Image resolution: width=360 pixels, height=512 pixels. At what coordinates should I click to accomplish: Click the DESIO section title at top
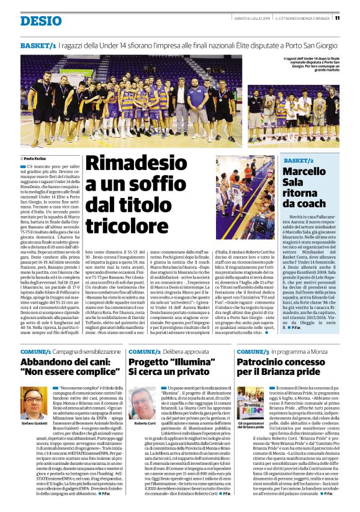point(41,21)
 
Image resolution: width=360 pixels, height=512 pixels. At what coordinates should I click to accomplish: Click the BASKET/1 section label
point(38,46)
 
